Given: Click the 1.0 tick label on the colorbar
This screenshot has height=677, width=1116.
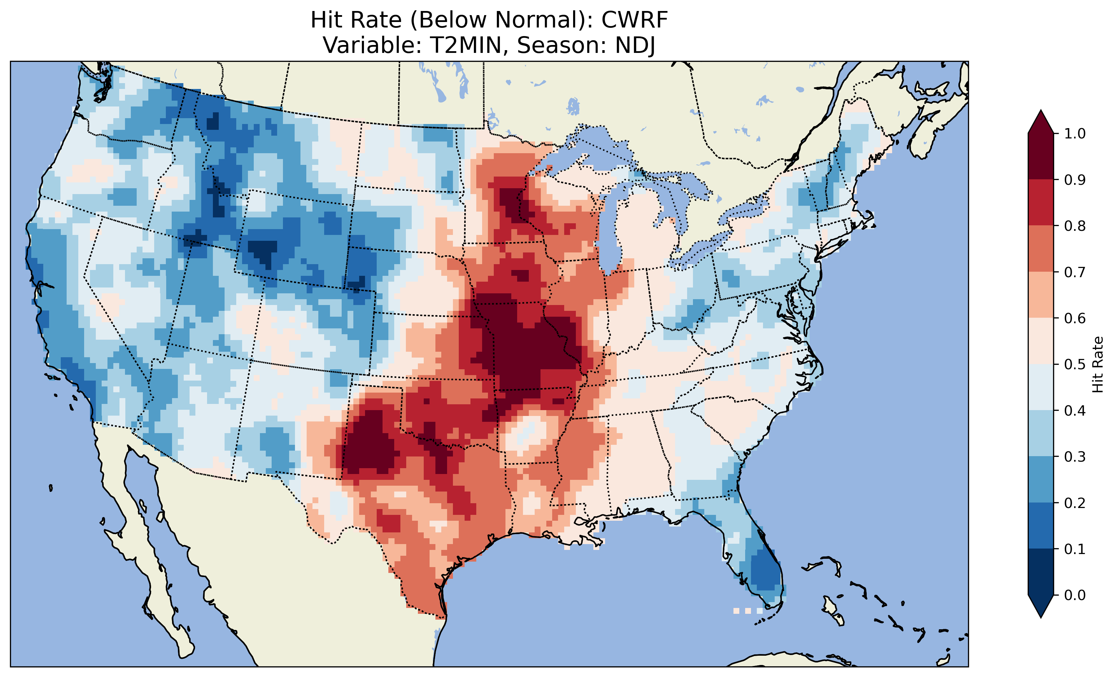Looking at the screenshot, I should tap(1075, 134).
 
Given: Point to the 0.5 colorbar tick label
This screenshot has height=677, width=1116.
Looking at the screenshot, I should tap(1075, 364).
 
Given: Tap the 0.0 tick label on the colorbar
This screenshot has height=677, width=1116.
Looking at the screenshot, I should tap(1075, 595).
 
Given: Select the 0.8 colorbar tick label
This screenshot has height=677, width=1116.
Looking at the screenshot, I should tap(1075, 226).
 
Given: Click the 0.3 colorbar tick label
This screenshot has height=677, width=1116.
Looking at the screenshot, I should tap(1075, 457).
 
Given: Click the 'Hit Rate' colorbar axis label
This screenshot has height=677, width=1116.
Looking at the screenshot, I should tap(1098, 365).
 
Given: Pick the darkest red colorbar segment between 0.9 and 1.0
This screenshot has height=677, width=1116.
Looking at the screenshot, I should tap(1041, 156).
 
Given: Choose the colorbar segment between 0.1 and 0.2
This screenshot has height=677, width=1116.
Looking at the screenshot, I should tap(1041, 526).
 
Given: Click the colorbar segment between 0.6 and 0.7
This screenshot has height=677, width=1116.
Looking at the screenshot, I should tap(1041, 295).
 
